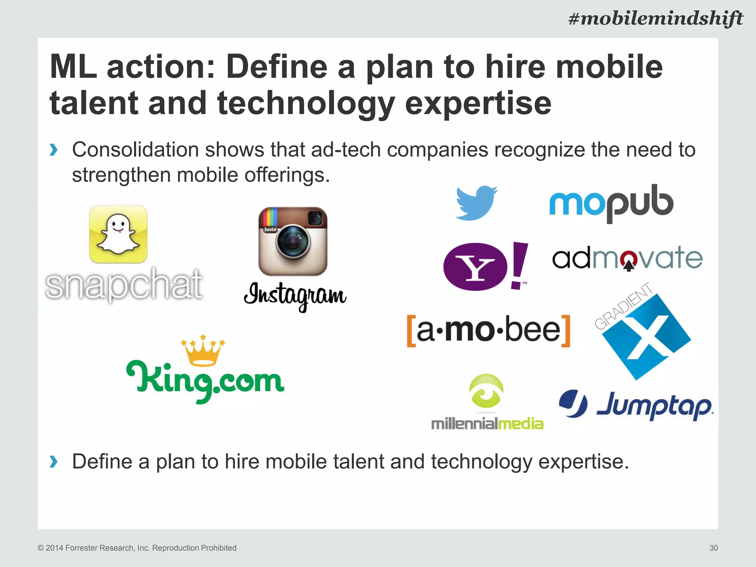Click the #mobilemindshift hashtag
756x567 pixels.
(x=655, y=18)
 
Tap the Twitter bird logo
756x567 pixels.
(x=476, y=203)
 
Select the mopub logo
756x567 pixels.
(x=611, y=203)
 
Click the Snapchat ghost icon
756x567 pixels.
(x=118, y=234)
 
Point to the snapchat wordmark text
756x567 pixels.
(x=124, y=284)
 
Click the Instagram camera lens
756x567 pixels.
(x=293, y=242)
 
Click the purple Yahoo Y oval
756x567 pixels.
(x=475, y=267)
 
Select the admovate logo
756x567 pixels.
(x=627, y=259)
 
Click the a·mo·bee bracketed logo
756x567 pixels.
(x=488, y=331)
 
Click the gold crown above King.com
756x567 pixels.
(x=202, y=351)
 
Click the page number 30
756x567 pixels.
(x=713, y=548)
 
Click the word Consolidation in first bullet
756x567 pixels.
(x=135, y=150)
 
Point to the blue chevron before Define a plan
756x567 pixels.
(x=54, y=461)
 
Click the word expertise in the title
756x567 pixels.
(x=478, y=103)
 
